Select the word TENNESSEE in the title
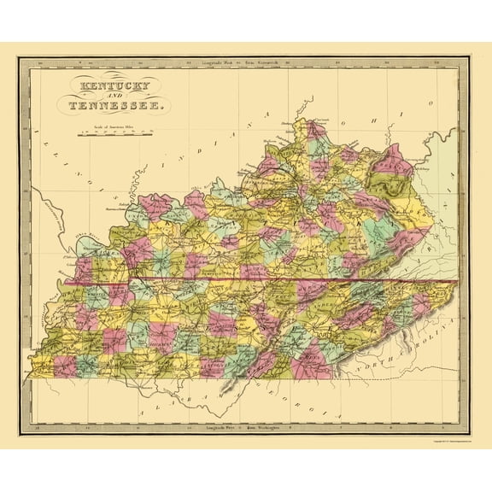(x=110, y=107)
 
